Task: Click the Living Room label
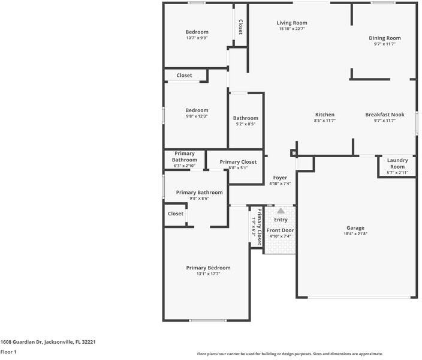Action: [292, 23]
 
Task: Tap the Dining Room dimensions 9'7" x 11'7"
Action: [384, 44]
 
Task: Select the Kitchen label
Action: [325, 115]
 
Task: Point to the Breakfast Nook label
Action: [385, 115]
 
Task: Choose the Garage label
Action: [355, 228]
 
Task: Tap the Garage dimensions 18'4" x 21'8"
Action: [355, 235]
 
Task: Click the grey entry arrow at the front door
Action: [281, 211]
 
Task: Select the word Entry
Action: [281, 220]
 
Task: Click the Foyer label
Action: [280, 178]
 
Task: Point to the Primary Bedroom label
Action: [208, 268]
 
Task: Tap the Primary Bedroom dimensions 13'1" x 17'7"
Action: [208, 274]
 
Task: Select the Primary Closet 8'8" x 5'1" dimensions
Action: [238, 168]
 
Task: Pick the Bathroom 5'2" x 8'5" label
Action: [246, 118]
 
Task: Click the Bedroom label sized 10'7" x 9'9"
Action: [197, 32]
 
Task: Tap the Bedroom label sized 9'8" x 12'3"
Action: [197, 110]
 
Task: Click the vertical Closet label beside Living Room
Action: [240, 26]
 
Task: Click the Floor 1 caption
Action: [8, 352]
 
